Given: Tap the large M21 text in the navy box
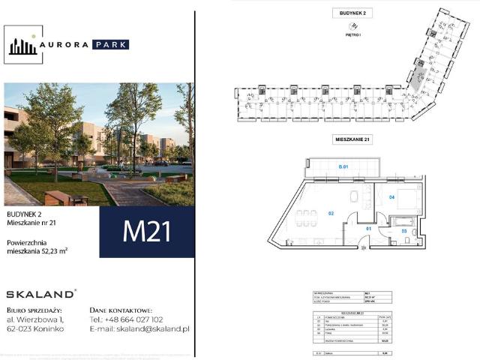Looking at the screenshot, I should click(x=146, y=232).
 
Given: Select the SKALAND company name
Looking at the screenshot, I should click(x=40, y=294).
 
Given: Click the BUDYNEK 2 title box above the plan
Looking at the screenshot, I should click(x=354, y=13).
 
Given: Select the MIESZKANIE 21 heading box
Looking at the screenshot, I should click(x=354, y=139).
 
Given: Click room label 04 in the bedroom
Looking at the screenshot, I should click(x=391, y=197).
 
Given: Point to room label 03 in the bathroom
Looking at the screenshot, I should click(x=403, y=231).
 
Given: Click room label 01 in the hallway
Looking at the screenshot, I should click(x=367, y=228).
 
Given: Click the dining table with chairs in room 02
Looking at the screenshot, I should click(x=305, y=220).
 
